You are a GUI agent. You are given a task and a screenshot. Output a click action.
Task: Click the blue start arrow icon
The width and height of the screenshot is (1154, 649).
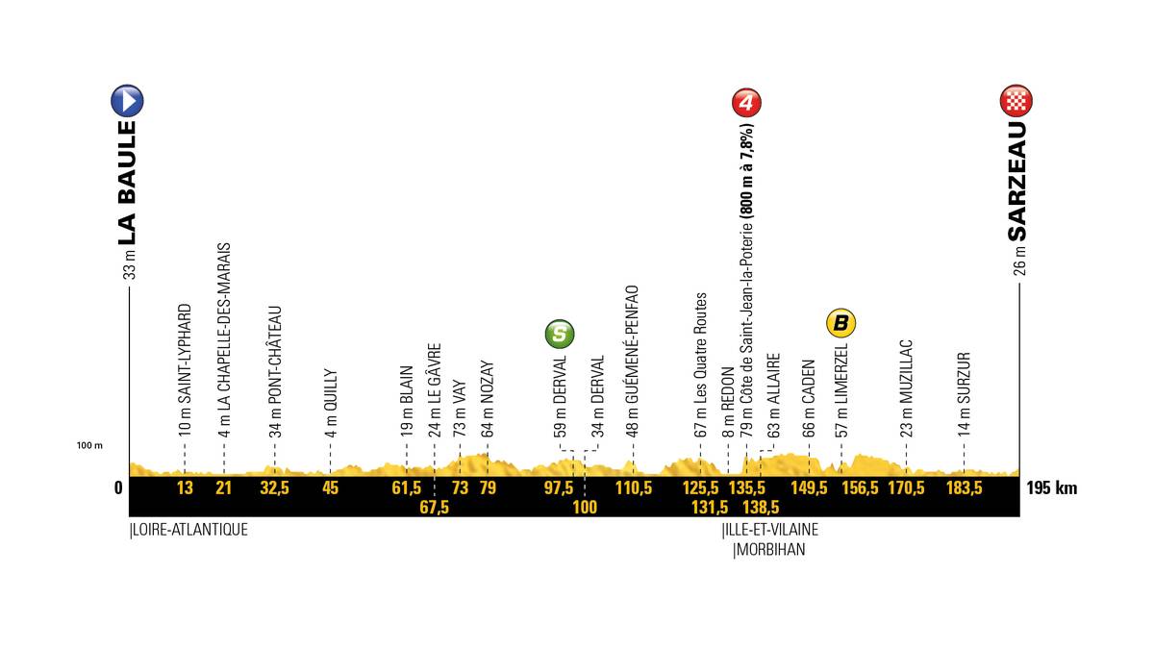coord(128,100)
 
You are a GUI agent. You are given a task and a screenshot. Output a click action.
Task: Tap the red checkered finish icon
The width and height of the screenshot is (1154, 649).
coord(1017,100)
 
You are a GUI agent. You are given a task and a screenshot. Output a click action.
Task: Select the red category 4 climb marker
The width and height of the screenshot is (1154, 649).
coord(747,102)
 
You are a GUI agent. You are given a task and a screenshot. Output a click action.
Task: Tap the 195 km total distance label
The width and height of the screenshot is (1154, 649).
coord(1051,487)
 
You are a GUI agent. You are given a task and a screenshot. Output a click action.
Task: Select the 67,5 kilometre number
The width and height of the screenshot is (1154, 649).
coord(434,508)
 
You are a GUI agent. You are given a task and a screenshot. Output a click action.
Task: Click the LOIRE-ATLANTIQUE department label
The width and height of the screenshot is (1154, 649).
coord(188,529)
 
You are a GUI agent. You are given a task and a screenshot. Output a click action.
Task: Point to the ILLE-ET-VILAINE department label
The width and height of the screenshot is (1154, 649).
coord(769,530)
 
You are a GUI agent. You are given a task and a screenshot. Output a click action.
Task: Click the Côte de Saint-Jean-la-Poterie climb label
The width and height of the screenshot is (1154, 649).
coord(746,269)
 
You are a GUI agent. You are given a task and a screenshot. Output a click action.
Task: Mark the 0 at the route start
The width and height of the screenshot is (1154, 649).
coord(118,487)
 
